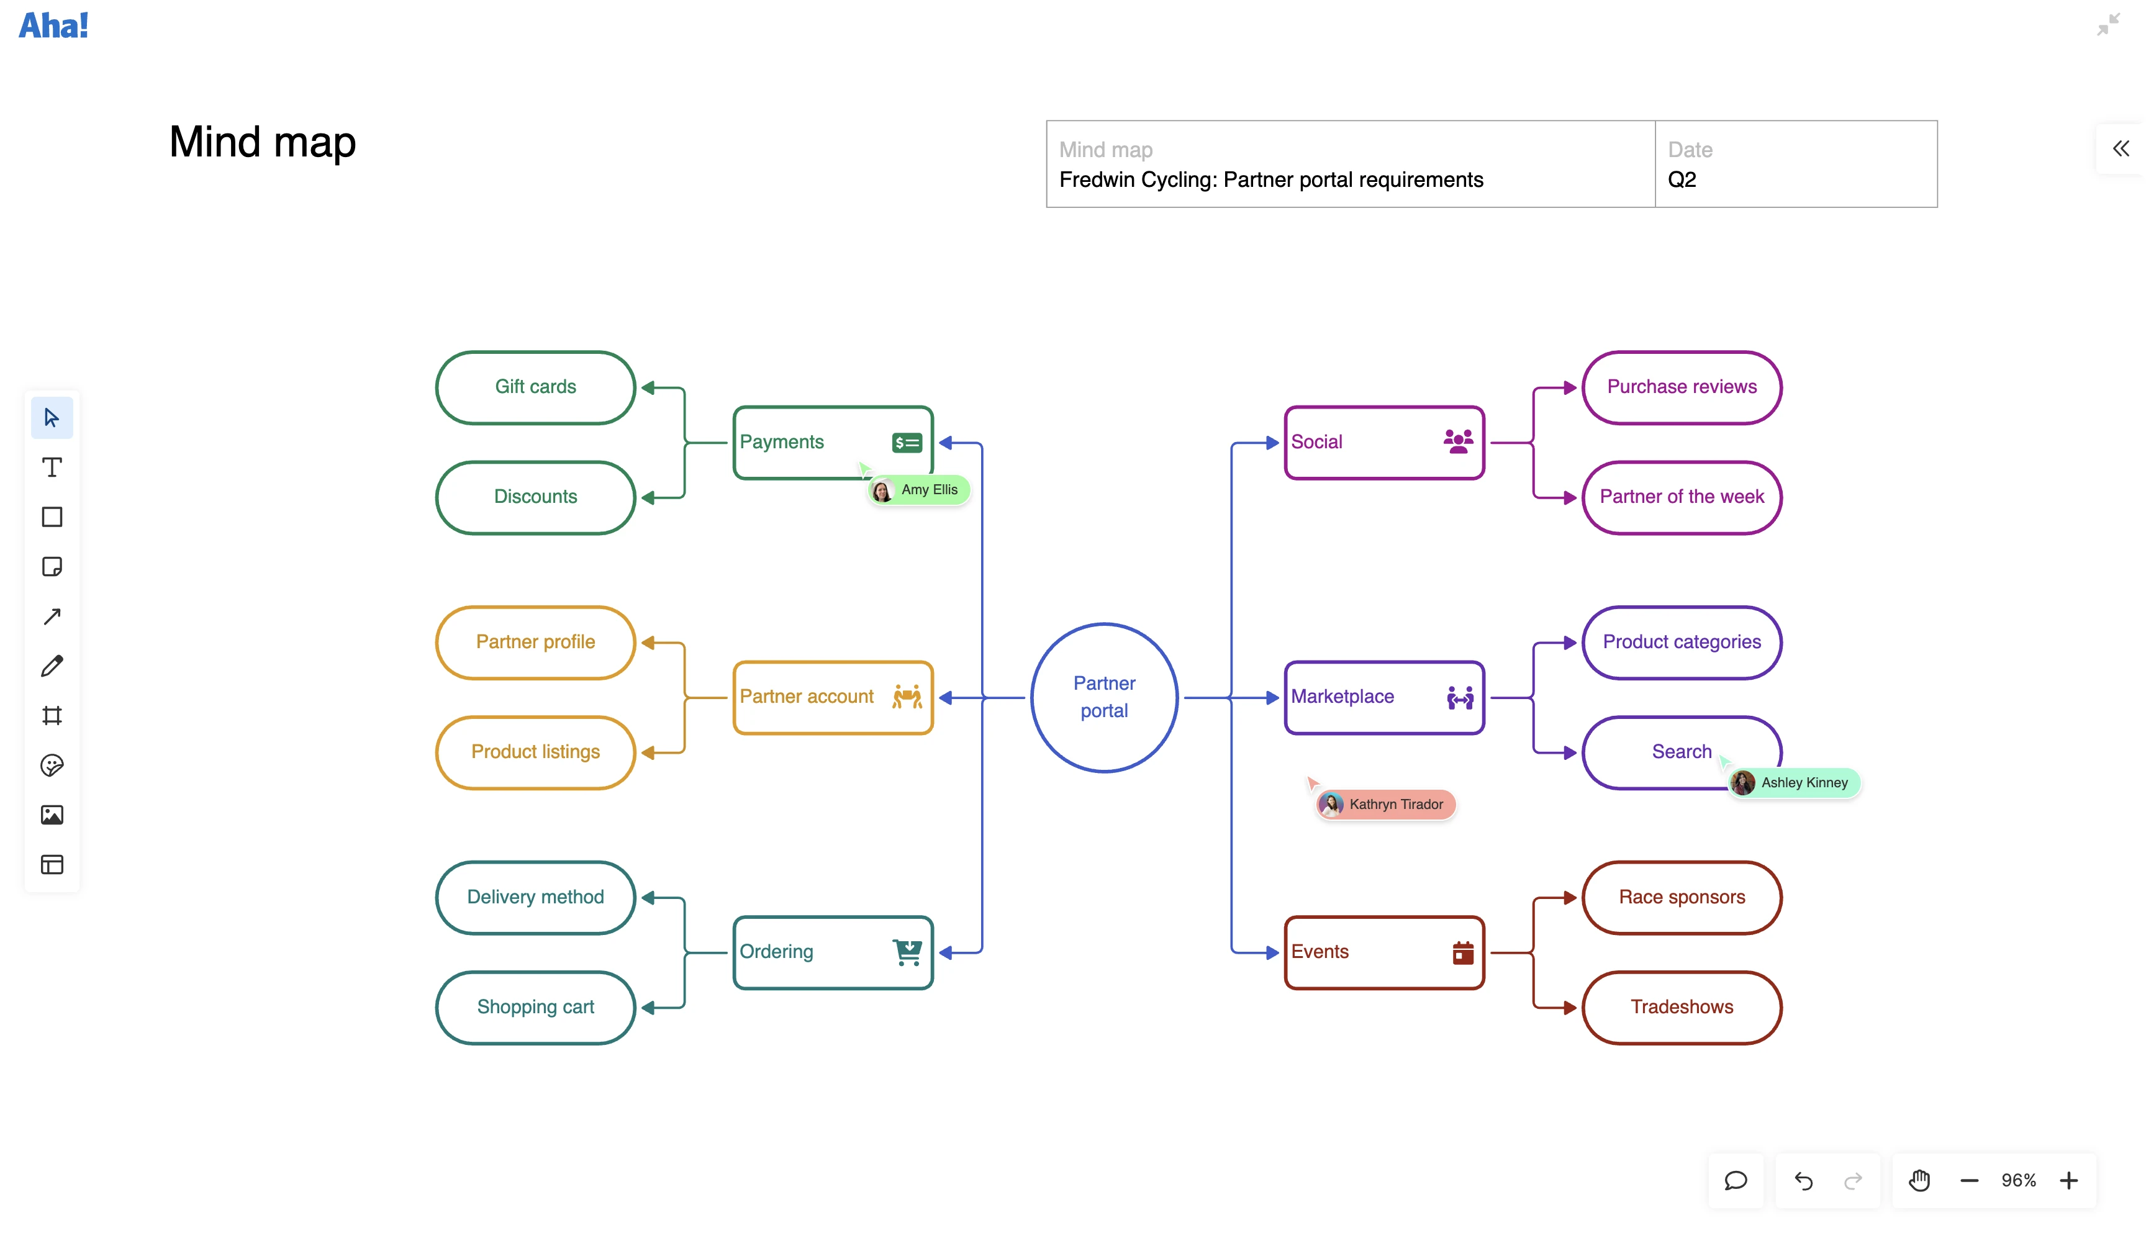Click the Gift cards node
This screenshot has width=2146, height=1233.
coord(535,387)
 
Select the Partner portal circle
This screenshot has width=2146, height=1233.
coord(1103,697)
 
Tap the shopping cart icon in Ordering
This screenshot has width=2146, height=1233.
coord(907,952)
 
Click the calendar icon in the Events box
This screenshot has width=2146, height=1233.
coord(1462,953)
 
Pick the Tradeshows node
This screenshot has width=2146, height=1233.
coord(1681,1007)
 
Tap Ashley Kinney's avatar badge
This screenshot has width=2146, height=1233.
coord(1742,782)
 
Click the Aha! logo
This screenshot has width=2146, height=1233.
coord(53,25)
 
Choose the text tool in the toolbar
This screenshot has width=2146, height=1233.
coord(52,467)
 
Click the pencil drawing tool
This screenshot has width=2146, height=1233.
coord(52,666)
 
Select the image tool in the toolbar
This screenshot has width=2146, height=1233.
coord(52,815)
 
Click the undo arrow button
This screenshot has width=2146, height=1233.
coord(1803,1180)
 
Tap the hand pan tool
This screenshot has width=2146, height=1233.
coord(1919,1180)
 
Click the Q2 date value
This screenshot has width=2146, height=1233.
coord(1681,179)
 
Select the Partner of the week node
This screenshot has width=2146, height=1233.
coord(1681,497)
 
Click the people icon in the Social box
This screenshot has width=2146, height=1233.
coord(1457,441)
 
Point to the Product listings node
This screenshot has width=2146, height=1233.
coord(535,752)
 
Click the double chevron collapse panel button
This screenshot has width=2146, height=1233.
coord(2120,149)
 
